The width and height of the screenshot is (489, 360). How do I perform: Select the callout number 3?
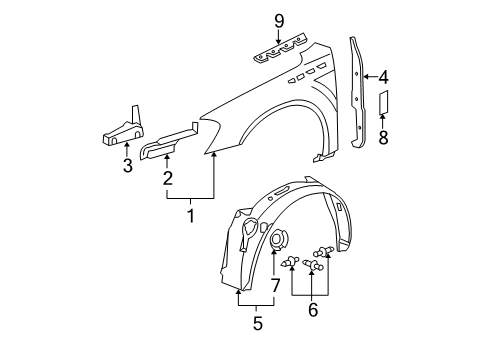coord(127,166)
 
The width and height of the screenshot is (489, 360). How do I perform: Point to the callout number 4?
coord(383,75)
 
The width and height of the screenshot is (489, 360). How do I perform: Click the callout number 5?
coord(256,322)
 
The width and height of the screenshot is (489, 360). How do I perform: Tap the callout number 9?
coord(280,19)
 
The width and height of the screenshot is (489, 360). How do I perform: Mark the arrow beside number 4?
coord(369,75)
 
